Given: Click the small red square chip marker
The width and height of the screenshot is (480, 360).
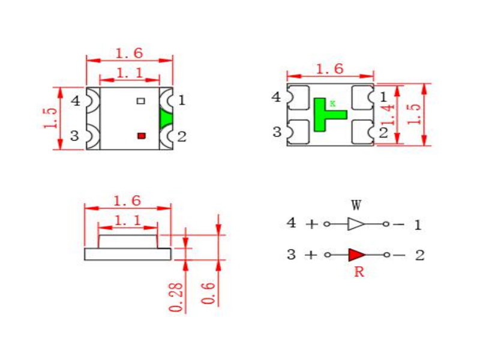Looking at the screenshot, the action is [x=141, y=136].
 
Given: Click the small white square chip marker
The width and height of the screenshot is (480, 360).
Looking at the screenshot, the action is [x=141, y=101].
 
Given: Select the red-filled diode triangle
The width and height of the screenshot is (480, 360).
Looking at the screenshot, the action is [x=357, y=254].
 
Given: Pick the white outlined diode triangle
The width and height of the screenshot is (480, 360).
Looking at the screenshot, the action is [x=356, y=224].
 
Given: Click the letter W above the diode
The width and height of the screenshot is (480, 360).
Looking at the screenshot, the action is [x=356, y=205].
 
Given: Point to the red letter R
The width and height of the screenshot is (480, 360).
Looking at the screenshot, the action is [x=359, y=272].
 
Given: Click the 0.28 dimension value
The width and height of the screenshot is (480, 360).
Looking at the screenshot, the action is [x=176, y=297].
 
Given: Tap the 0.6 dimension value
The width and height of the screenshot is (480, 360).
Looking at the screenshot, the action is [x=208, y=293].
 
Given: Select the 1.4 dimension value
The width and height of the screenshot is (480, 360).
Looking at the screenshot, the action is [x=387, y=115].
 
